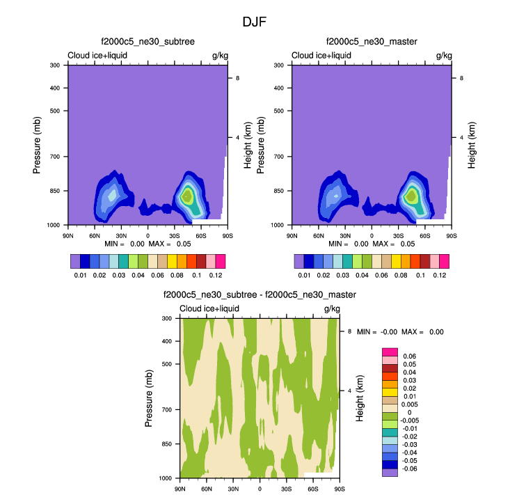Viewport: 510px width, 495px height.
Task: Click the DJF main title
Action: coord(254,22)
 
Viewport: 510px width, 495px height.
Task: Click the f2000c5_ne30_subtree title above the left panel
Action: coord(148,42)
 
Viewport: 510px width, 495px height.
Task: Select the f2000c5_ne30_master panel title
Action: coord(372,42)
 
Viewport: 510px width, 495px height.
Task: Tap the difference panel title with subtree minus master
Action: coord(260,295)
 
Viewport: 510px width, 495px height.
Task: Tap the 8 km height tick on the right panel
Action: coord(461,78)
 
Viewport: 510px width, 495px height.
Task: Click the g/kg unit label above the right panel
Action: coord(443,56)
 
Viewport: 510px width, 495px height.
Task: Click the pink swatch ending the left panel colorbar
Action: coord(221,261)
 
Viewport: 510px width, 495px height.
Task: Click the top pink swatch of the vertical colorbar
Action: coord(390,352)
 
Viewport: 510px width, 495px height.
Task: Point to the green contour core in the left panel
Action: coord(186,196)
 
